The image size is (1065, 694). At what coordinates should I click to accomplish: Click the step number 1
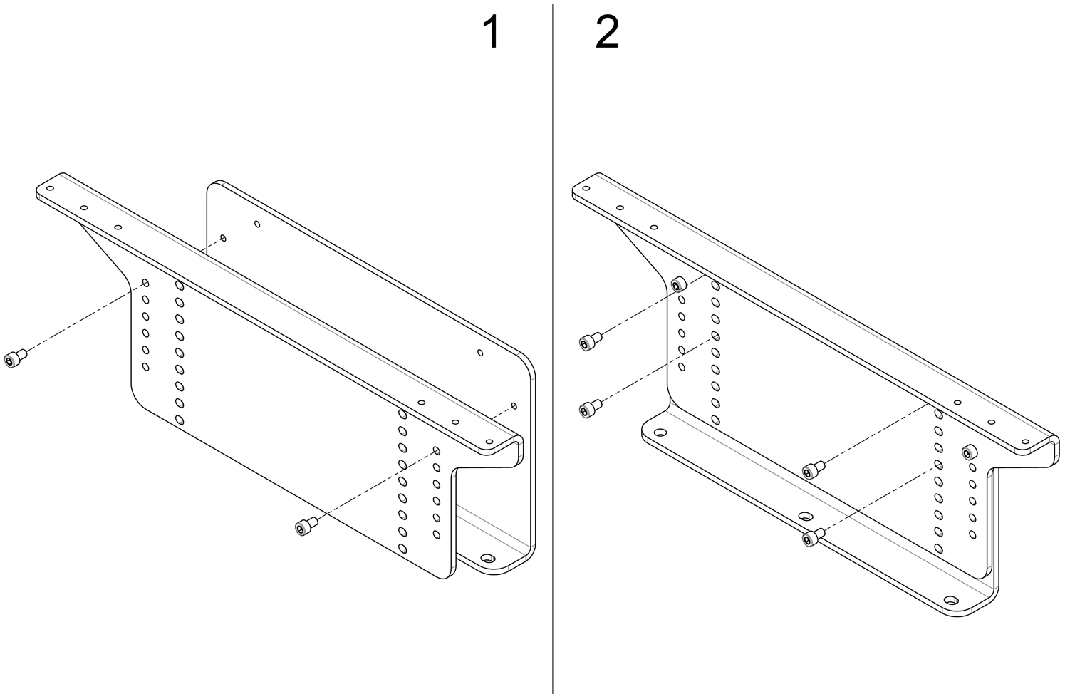492,33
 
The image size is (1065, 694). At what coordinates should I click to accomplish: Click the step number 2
607,33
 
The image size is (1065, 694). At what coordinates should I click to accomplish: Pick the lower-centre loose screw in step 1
304,527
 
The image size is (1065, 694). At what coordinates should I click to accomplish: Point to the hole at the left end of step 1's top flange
50,190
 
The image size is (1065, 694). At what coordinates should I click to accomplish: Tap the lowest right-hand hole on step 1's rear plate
514,406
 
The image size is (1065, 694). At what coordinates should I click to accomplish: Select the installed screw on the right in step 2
968,451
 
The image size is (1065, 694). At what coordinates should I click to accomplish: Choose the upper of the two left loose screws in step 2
589,343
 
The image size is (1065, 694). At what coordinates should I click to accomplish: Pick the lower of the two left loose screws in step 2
589,408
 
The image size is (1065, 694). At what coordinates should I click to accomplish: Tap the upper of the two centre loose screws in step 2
811,470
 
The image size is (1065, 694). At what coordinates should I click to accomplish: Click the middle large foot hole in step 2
806,515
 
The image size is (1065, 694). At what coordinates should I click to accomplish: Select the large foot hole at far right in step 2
949,601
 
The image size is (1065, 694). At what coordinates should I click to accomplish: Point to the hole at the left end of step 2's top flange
586,190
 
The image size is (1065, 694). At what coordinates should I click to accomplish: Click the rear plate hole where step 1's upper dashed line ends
223,238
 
